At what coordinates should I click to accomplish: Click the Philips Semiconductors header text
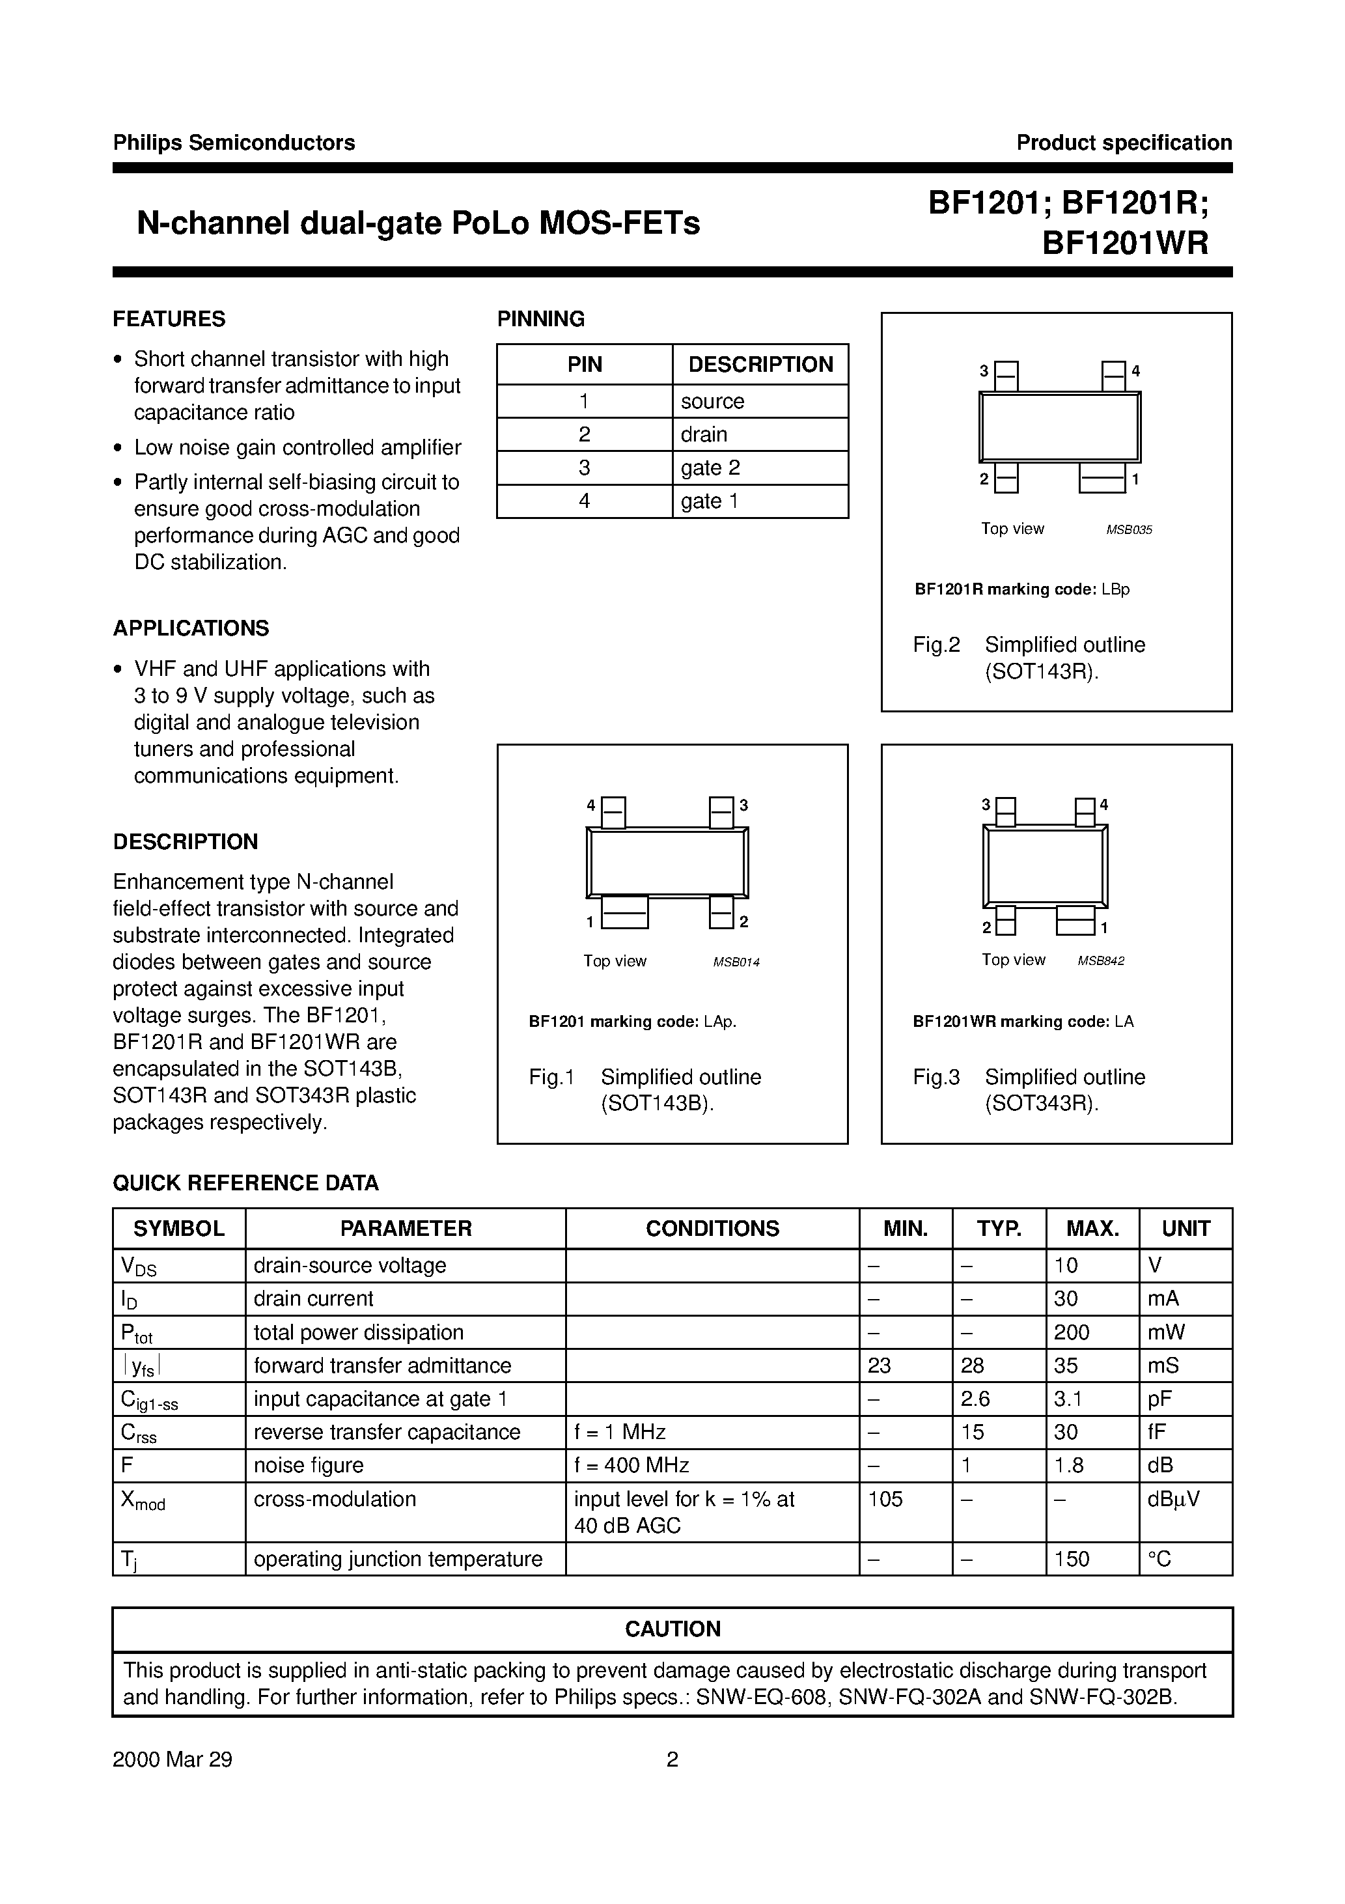pos(234,143)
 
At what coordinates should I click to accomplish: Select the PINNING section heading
pos(540,318)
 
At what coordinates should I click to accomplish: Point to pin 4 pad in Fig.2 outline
pos(1114,375)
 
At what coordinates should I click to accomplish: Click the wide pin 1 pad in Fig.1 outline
pos(624,913)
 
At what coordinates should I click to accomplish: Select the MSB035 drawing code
pos(1129,530)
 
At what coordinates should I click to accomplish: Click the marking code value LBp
pos(1116,589)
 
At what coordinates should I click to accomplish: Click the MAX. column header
pos(1092,1229)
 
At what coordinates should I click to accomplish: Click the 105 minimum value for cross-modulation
pos(885,1500)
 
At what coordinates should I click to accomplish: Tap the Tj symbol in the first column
pos(128,1560)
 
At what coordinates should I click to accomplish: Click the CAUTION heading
pos(672,1629)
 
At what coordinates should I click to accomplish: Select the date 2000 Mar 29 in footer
pos(173,1759)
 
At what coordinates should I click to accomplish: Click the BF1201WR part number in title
pos(1124,242)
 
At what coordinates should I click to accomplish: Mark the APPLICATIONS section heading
pos(191,628)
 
